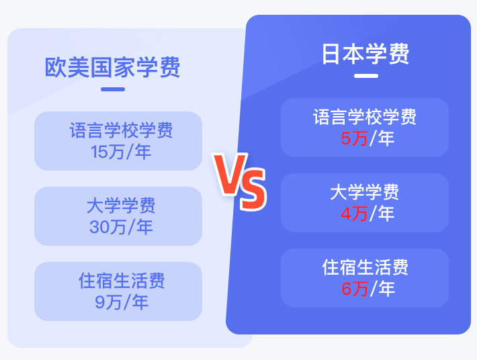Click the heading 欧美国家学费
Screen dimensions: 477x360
(113, 67)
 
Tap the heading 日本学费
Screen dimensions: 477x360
(365, 54)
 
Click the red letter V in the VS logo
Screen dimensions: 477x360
(230, 174)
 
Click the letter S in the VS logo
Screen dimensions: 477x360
(253, 190)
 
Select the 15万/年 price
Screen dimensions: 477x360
(121, 152)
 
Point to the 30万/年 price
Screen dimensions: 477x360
(121, 227)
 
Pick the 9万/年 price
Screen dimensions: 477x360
(122, 302)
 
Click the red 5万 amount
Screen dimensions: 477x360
(354, 138)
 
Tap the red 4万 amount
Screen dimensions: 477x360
(354, 214)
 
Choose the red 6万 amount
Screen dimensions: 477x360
(355, 289)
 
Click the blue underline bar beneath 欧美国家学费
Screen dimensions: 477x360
(113, 89)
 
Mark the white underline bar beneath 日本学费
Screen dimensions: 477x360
(366, 76)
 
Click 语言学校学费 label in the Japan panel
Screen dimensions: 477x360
(365, 117)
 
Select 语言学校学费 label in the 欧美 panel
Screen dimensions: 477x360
(121, 130)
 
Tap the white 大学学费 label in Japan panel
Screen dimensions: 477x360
(364, 192)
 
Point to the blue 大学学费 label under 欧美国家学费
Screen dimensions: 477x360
(121, 206)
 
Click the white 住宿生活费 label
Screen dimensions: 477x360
(365, 267)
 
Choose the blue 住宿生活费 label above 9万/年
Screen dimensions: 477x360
(122, 281)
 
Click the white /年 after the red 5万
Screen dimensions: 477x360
(382, 138)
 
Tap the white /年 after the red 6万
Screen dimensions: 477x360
(382, 289)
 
